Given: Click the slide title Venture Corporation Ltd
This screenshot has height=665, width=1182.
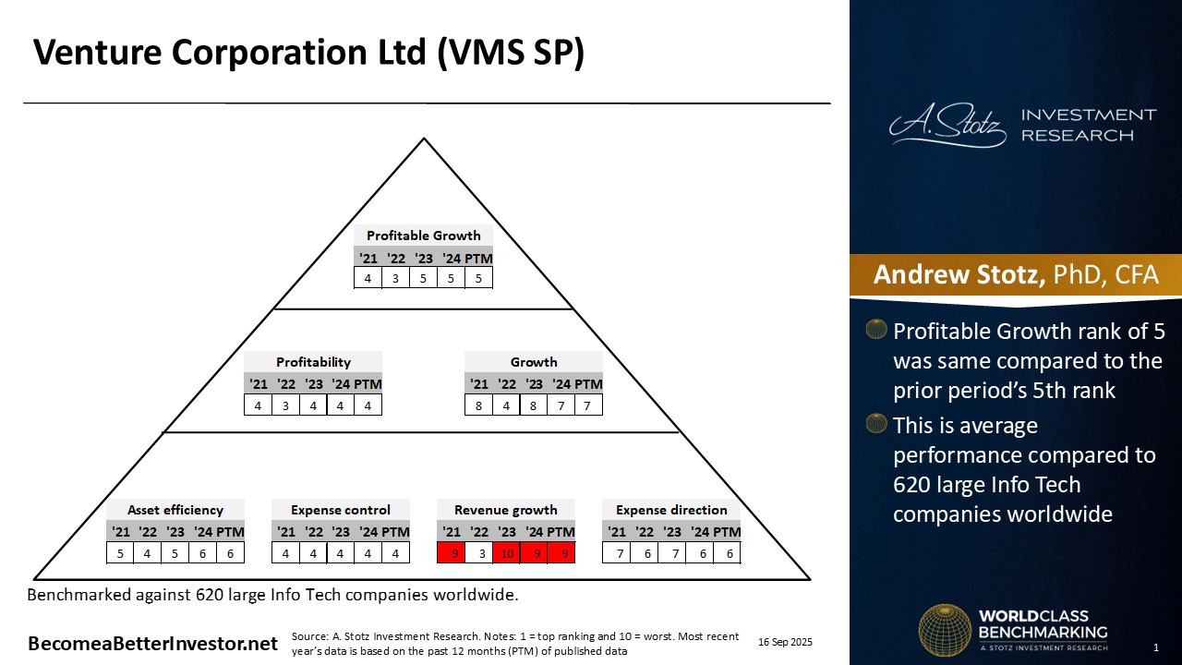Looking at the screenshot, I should click(x=308, y=53).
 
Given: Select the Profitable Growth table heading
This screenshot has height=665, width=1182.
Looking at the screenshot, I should click(x=423, y=236).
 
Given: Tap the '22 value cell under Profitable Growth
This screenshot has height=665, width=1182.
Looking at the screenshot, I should click(x=395, y=277).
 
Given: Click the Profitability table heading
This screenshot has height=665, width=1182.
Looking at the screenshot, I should click(x=313, y=362).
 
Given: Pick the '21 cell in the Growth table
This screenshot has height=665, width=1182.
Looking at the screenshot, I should click(x=478, y=405).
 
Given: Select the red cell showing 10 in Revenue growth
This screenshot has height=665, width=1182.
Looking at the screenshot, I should click(x=506, y=552).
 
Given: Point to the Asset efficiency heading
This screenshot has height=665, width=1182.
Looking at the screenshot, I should click(x=175, y=510).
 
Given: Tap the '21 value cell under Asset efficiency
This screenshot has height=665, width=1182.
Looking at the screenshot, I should click(x=120, y=552).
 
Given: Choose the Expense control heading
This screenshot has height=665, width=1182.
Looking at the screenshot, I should click(x=341, y=510).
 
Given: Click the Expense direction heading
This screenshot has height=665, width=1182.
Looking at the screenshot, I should click(x=671, y=510).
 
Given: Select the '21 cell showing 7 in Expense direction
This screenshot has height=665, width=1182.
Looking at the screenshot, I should click(x=617, y=552).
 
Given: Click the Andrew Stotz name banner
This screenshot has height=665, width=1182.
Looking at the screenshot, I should click(x=1015, y=275).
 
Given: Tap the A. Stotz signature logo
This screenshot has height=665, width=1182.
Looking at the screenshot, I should click(x=947, y=126).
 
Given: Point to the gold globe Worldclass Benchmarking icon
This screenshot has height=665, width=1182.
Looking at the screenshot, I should click(x=944, y=630).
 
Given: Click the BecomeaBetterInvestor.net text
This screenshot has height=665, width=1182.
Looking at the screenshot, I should click(x=152, y=644).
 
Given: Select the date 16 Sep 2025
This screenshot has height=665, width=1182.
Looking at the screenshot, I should click(x=785, y=642).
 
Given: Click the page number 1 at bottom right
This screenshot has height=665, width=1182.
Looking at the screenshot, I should click(x=1155, y=647).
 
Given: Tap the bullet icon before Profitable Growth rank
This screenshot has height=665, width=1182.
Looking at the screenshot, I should click(x=876, y=330).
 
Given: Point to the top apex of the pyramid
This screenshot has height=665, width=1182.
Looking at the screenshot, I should click(x=424, y=139).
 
